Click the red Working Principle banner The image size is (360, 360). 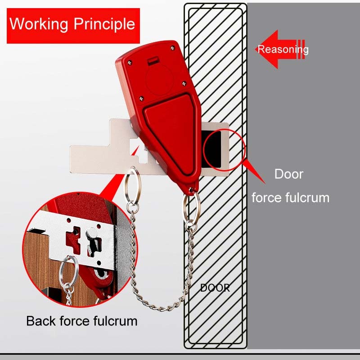[72, 23]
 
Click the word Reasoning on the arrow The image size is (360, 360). [283, 49]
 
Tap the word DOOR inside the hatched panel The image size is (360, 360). [215, 288]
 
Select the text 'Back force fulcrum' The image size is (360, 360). [81, 321]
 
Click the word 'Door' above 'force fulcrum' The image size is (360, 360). [289, 174]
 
